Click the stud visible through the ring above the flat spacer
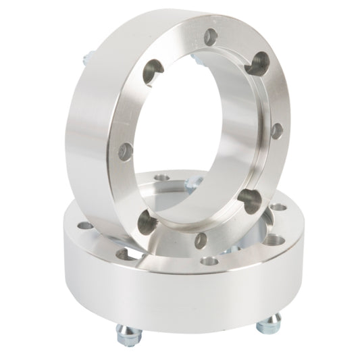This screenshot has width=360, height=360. coord(196,181)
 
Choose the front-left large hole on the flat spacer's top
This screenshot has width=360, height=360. coord(123,254)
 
